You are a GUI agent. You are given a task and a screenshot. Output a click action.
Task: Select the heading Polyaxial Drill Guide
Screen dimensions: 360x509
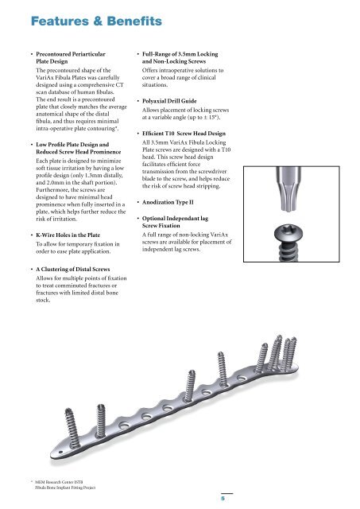click(169, 101)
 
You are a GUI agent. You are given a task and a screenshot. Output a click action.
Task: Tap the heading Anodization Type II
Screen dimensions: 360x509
click(168, 202)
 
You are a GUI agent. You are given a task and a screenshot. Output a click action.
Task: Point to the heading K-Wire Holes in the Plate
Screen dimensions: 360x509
click(68, 235)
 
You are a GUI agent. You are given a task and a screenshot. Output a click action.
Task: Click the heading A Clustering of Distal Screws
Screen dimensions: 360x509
click(72, 269)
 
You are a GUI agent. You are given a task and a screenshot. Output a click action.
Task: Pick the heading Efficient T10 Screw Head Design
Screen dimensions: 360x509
click(184, 134)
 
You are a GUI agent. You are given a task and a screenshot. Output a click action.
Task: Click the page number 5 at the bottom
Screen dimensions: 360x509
click(223, 499)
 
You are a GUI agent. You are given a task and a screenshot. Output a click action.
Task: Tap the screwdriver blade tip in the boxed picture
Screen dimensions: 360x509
click(288, 207)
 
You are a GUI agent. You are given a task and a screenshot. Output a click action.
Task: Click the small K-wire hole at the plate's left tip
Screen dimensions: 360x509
click(60, 453)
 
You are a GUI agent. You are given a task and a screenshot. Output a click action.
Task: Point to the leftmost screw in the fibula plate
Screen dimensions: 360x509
click(72, 428)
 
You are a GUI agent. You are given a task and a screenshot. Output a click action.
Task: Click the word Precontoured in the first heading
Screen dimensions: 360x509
click(53, 54)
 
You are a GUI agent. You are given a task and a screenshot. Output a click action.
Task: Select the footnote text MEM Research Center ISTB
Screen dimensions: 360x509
click(58, 482)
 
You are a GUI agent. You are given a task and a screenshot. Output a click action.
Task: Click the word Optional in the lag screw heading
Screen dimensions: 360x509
click(153, 219)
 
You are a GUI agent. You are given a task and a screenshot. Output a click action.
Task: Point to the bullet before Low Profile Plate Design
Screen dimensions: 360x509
click(32, 145)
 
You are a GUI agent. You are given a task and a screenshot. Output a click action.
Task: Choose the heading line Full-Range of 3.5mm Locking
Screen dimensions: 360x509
click(180, 54)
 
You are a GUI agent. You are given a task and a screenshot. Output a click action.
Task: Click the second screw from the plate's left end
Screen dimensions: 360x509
click(101, 421)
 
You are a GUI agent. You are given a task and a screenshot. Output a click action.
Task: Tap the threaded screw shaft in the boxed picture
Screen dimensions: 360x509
click(288, 251)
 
